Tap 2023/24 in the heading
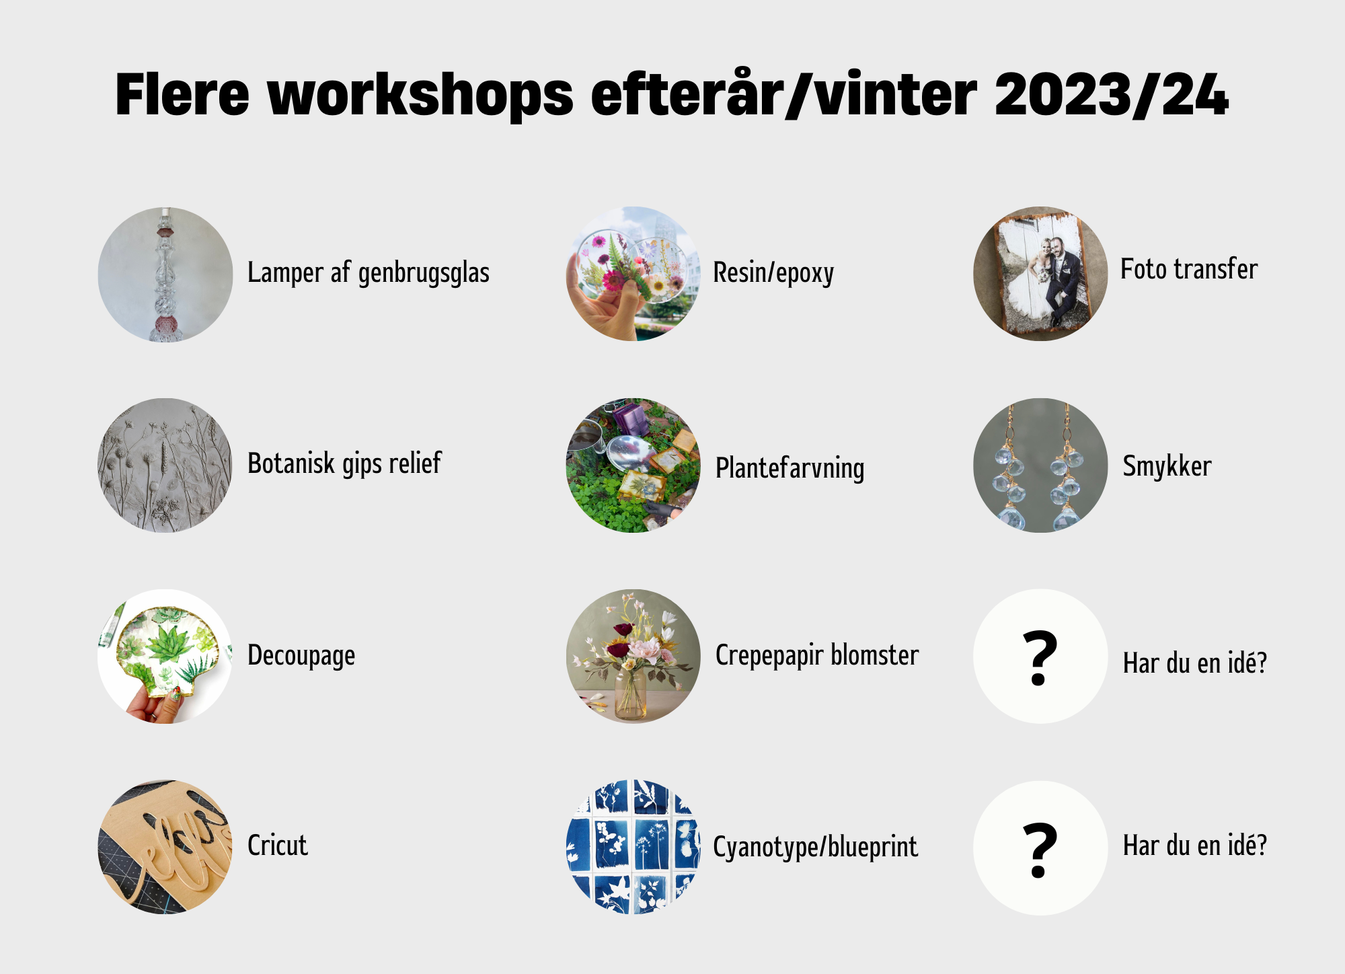(1112, 94)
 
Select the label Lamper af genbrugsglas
(369, 273)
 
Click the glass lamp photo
(165, 274)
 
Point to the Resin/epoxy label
(773, 273)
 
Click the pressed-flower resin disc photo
(633, 274)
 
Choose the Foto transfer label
(1189, 269)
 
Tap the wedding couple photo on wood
(1040, 274)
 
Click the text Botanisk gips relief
(344, 463)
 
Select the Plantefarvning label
(790, 468)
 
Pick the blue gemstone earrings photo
(1040, 465)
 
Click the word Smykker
(1167, 466)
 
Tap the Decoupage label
(301, 656)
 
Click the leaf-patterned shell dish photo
(165, 657)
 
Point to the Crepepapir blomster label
(817, 656)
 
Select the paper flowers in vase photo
(633, 657)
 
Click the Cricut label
(278, 846)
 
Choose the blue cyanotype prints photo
(633, 847)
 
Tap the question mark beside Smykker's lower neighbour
(1040, 658)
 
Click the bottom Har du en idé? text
(1195, 846)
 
